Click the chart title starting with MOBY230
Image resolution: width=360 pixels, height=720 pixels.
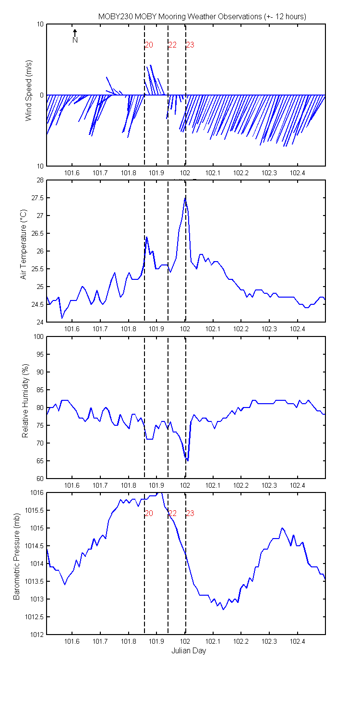(202, 17)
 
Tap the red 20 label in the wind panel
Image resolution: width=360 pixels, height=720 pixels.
(149, 45)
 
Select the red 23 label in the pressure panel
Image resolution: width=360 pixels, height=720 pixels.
(190, 513)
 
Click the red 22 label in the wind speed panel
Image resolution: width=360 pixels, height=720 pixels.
(173, 45)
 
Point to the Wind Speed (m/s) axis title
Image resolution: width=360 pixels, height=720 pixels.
(29, 90)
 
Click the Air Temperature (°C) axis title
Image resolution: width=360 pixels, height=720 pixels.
(23, 244)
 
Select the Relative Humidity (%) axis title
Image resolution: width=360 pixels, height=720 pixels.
(25, 401)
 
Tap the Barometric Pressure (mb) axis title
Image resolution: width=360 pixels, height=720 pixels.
(16, 556)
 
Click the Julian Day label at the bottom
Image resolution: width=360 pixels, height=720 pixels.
(189, 651)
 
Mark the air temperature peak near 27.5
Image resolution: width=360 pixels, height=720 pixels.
(185, 198)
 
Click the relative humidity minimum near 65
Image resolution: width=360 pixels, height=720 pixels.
(188, 461)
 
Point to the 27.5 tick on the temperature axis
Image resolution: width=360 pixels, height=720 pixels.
(37, 198)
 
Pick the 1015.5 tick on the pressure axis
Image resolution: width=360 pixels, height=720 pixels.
(34, 510)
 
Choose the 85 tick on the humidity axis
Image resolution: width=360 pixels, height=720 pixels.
(40, 390)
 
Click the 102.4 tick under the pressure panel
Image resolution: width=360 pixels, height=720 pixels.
(297, 642)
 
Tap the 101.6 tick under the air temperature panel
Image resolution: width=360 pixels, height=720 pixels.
(72, 329)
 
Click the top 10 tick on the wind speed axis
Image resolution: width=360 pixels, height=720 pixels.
(40, 24)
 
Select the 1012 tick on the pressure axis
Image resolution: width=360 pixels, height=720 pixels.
(36, 635)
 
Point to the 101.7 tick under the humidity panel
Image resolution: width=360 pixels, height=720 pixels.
(100, 485)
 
